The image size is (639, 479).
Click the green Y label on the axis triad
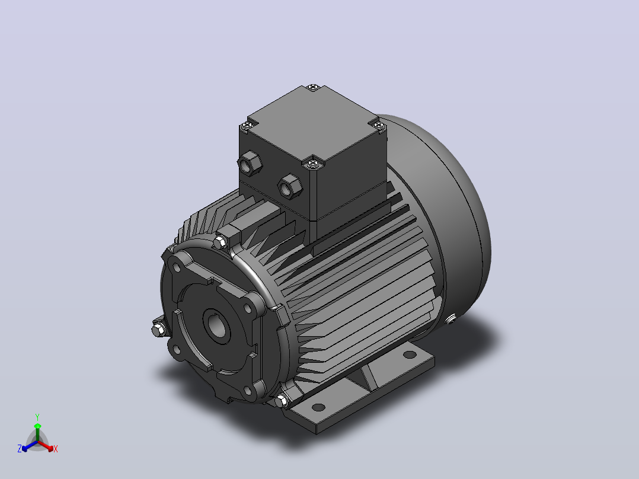[x=37, y=417]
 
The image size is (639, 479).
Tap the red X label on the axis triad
[x=56, y=449]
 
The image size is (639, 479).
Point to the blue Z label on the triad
[x=20, y=449]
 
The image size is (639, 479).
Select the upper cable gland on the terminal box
[x=250, y=164]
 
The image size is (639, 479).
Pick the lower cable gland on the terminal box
[x=290, y=187]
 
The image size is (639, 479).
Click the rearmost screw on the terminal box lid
[x=313, y=87]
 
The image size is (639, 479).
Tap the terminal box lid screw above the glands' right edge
[x=312, y=164]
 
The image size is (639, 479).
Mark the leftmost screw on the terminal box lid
[x=246, y=126]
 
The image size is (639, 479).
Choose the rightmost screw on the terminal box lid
[x=379, y=124]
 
